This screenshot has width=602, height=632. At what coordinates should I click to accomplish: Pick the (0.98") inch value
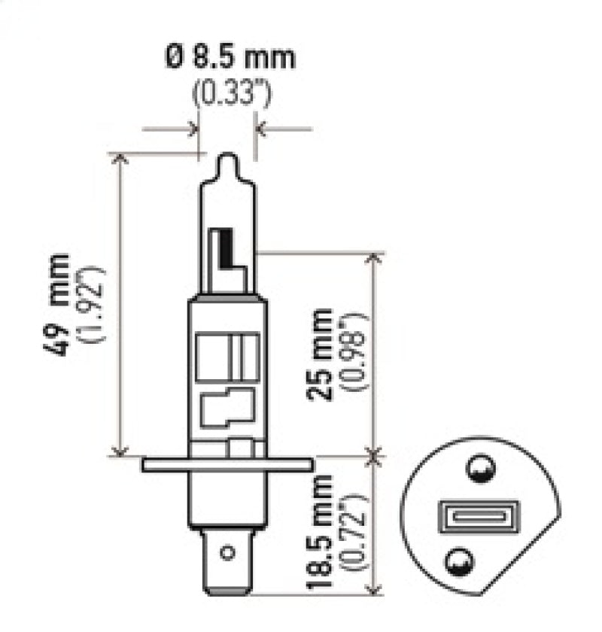(354, 354)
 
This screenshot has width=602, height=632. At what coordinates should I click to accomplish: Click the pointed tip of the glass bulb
(228, 160)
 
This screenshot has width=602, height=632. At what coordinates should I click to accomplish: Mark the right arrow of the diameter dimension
(262, 129)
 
